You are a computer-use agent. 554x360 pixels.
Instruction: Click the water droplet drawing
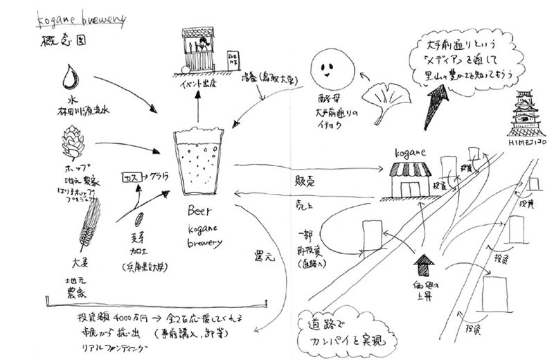pyautogui.click(x=70, y=79)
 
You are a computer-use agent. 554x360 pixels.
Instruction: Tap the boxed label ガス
pyautogui.click(x=132, y=178)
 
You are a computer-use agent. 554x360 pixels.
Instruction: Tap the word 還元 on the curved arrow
pyautogui.click(x=265, y=255)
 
